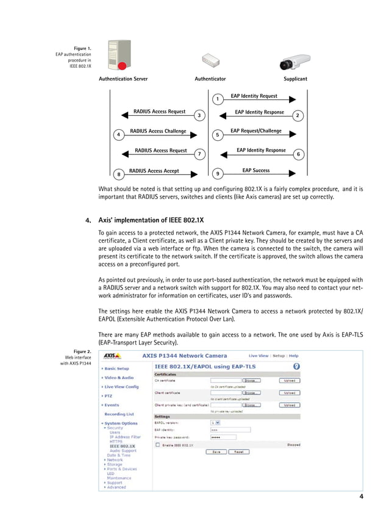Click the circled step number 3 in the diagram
(x=199, y=115)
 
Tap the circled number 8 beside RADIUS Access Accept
(x=119, y=174)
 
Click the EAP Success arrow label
(x=255, y=171)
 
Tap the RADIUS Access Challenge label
(x=158, y=131)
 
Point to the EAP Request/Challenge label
(x=255, y=131)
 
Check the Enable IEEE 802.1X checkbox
(x=157, y=445)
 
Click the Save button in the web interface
(x=215, y=452)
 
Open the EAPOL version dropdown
(x=215, y=422)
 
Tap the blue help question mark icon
(x=296, y=365)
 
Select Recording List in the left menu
(x=119, y=413)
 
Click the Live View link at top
(x=258, y=355)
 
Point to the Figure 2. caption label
(x=82, y=351)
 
